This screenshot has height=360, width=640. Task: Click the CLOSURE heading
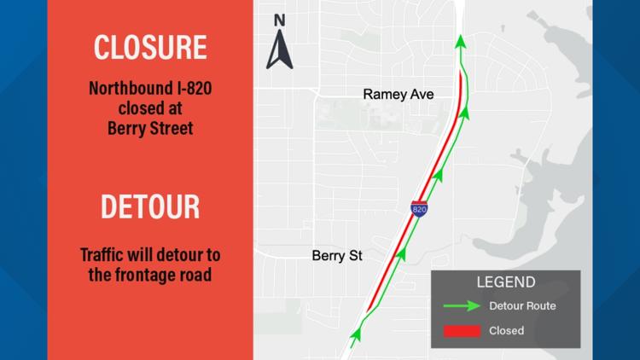tap(149, 48)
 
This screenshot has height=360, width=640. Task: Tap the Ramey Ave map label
tap(399, 95)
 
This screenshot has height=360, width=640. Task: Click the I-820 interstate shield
tap(419, 208)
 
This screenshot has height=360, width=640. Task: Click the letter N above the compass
tap(280, 20)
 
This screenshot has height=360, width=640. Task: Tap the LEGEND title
tap(507, 282)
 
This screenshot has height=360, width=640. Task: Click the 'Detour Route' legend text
tap(522, 305)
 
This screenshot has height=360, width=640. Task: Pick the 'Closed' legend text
tap(507, 330)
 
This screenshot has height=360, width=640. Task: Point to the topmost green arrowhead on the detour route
tap(461, 41)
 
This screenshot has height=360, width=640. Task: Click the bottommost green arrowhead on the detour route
tap(355, 334)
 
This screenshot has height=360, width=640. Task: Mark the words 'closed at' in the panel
tap(149, 109)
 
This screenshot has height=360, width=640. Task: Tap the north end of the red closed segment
tap(462, 73)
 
